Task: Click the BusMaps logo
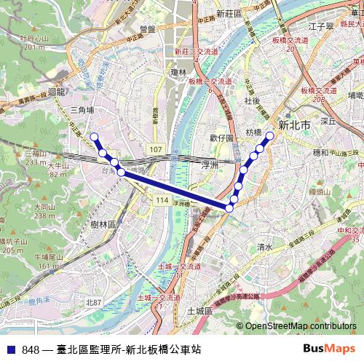[331, 349]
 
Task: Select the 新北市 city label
[294, 125]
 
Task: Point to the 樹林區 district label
[103, 225]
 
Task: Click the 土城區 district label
[199, 311]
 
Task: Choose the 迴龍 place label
[55, 92]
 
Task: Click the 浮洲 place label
[210, 166]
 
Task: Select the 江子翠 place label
[320, 26]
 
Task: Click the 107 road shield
[155, 149]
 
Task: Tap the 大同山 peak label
[44, 207]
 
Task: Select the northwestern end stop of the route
[93, 136]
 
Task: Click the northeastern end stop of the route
[270, 135]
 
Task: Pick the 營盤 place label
[147, 29]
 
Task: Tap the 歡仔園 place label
[221, 137]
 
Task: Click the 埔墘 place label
[355, 95]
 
